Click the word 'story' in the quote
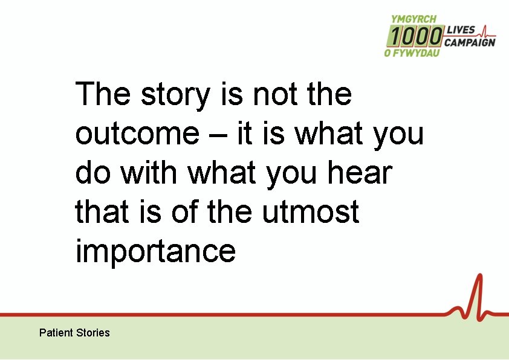pyautogui.click(x=175, y=95)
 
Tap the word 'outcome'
pyautogui.click(x=137, y=135)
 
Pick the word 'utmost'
pyautogui.click(x=311, y=212)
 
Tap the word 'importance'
pyautogui.click(x=155, y=251)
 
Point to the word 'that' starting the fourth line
pyautogui.click(x=99, y=212)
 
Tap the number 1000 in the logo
pyautogui.click(x=415, y=37)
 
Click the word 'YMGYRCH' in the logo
pyautogui.click(x=414, y=19)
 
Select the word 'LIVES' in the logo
pyautogui.click(x=461, y=30)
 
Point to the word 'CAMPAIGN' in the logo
pyautogui.click(x=469, y=42)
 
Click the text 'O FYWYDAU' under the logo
pyautogui.click(x=412, y=53)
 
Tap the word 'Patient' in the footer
pyautogui.click(x=56, y=333)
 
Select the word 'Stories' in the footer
pyautogui.click(x=93, y=333)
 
